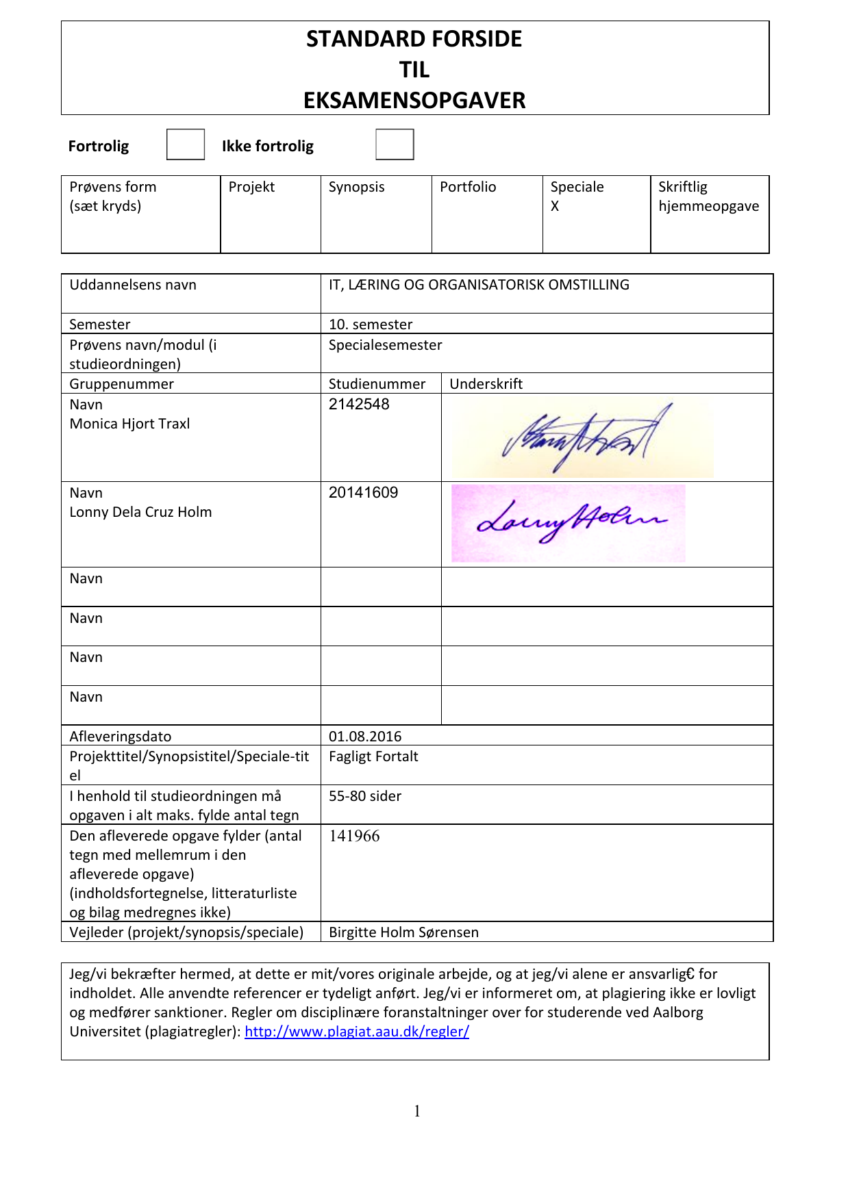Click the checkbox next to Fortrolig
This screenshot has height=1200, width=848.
point(186,144)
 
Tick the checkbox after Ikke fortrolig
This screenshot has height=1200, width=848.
point(395,144)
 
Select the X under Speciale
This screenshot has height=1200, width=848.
point(555,206)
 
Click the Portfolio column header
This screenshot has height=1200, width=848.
point(468,187)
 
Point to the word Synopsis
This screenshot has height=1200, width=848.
point(356,187)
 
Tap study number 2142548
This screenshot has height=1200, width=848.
point(359,404)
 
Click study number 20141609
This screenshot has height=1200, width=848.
point(363,492)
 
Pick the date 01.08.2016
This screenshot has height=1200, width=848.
point(365,737)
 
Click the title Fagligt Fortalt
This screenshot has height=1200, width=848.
point(373,756)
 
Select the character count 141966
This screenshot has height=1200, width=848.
point(354,836)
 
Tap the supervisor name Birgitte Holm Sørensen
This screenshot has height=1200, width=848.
point(403,932)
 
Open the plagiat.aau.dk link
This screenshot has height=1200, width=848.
point(357,1032)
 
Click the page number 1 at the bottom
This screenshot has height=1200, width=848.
point(417,1111)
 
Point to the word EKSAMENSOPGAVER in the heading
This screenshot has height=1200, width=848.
point(414,101)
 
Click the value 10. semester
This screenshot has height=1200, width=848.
point(371,324)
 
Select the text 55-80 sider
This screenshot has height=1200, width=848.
point(365,796)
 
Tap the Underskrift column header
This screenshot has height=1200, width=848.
point(486,384)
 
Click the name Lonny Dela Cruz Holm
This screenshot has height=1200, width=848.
point(140,512)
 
